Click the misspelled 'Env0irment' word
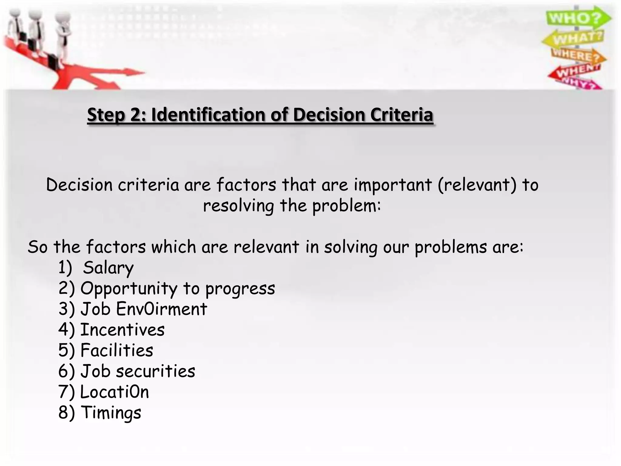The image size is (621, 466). click(x=162, y=309)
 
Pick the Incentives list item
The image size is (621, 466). click(x=122, y=330)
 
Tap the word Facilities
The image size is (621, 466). click(x=117, y=350)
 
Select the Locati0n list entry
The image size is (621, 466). click(x=115, y=392)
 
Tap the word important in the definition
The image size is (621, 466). click(x=393, y=185)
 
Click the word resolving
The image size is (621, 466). click(x=238, y=206)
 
